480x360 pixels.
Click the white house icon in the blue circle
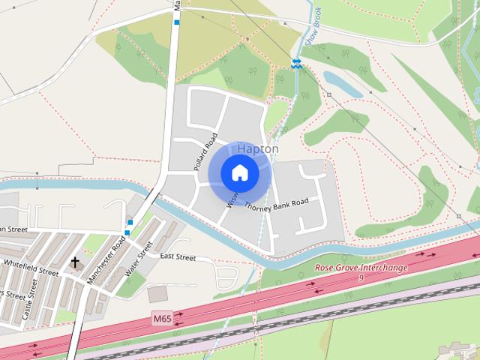coord(239,173)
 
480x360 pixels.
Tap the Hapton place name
coord(258,149)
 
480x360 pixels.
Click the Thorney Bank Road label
coord(276,203)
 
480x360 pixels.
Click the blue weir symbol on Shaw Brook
coord(297,64)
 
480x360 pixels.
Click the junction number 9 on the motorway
coord(360,278)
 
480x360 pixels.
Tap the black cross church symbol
coord(74,262)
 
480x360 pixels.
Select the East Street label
coord(177,257)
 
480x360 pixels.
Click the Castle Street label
coord(30,298)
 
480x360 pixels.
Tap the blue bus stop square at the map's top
coord(177,22)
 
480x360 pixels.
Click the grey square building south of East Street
coord(158,293)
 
